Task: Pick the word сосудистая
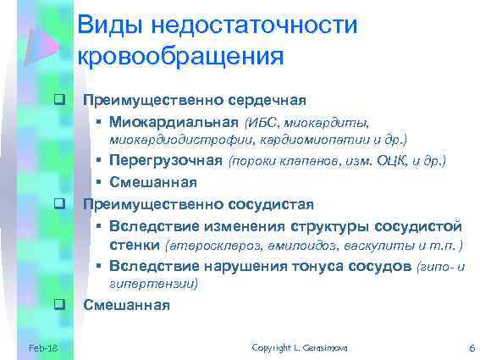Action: tap(272, 204)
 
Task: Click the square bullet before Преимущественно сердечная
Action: tap(60, 102)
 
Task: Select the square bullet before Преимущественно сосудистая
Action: tap(60, 204)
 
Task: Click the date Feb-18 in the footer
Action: tap(42, 348)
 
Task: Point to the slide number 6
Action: tap(471, 348)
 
